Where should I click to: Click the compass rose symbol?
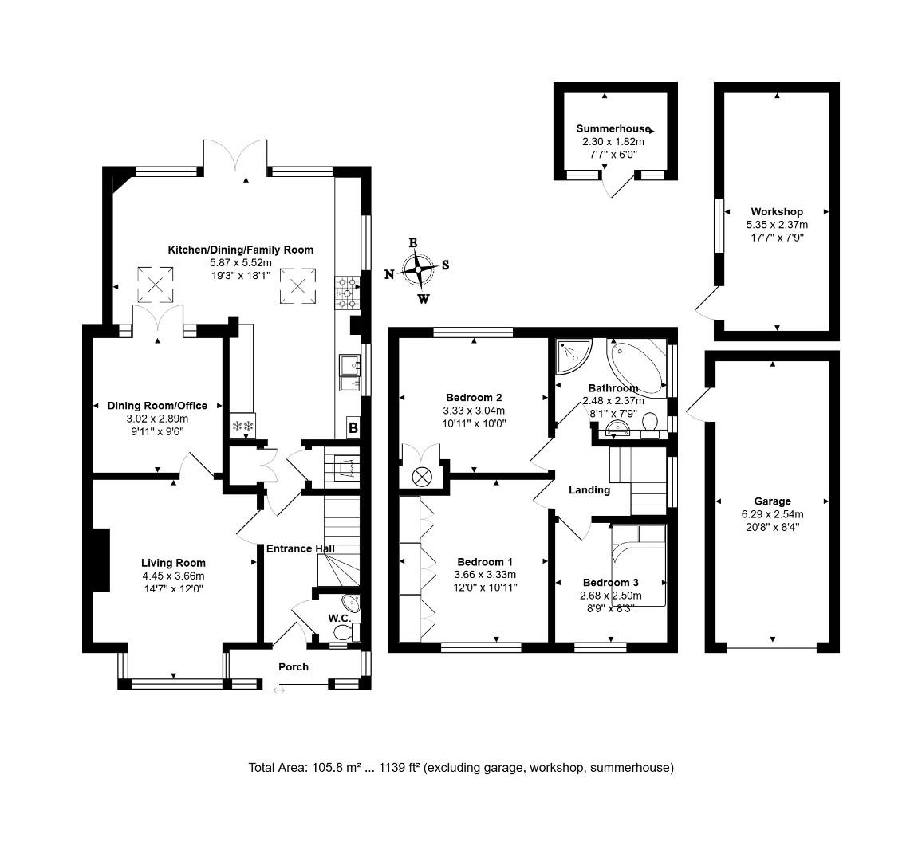(418, 270)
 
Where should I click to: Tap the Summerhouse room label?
(613, 128)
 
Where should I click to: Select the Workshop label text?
(777, 211)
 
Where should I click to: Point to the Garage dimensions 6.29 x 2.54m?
(772, 514)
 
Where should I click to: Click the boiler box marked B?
(353, 428)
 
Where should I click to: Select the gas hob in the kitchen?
(347, 293)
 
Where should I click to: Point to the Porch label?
(294, 667)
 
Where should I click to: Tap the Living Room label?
(173, 563)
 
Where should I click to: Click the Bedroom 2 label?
(474, 398)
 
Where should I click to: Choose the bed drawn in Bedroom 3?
(639, 565)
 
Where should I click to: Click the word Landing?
(589, 490)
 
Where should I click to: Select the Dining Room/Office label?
(158, 406)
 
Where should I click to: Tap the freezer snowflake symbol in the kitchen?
(242, 425)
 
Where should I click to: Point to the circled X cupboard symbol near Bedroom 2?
(421, 477)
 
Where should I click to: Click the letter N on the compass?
(389, 274)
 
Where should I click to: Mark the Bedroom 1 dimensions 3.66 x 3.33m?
(485, 575)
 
